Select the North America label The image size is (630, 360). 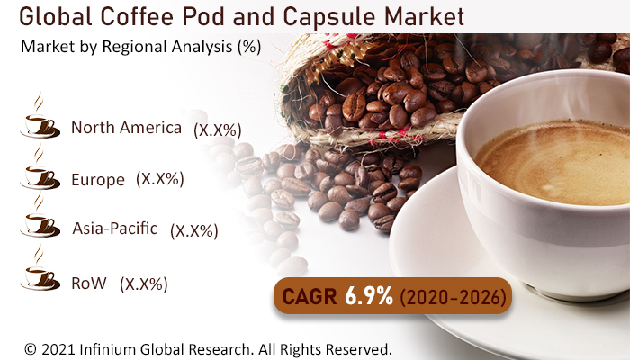pos(126,128)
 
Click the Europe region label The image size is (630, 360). pos(97,180)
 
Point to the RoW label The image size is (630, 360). pos(88,283)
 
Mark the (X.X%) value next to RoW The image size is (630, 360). pos(145,284)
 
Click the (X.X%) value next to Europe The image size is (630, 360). pos(160,179)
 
